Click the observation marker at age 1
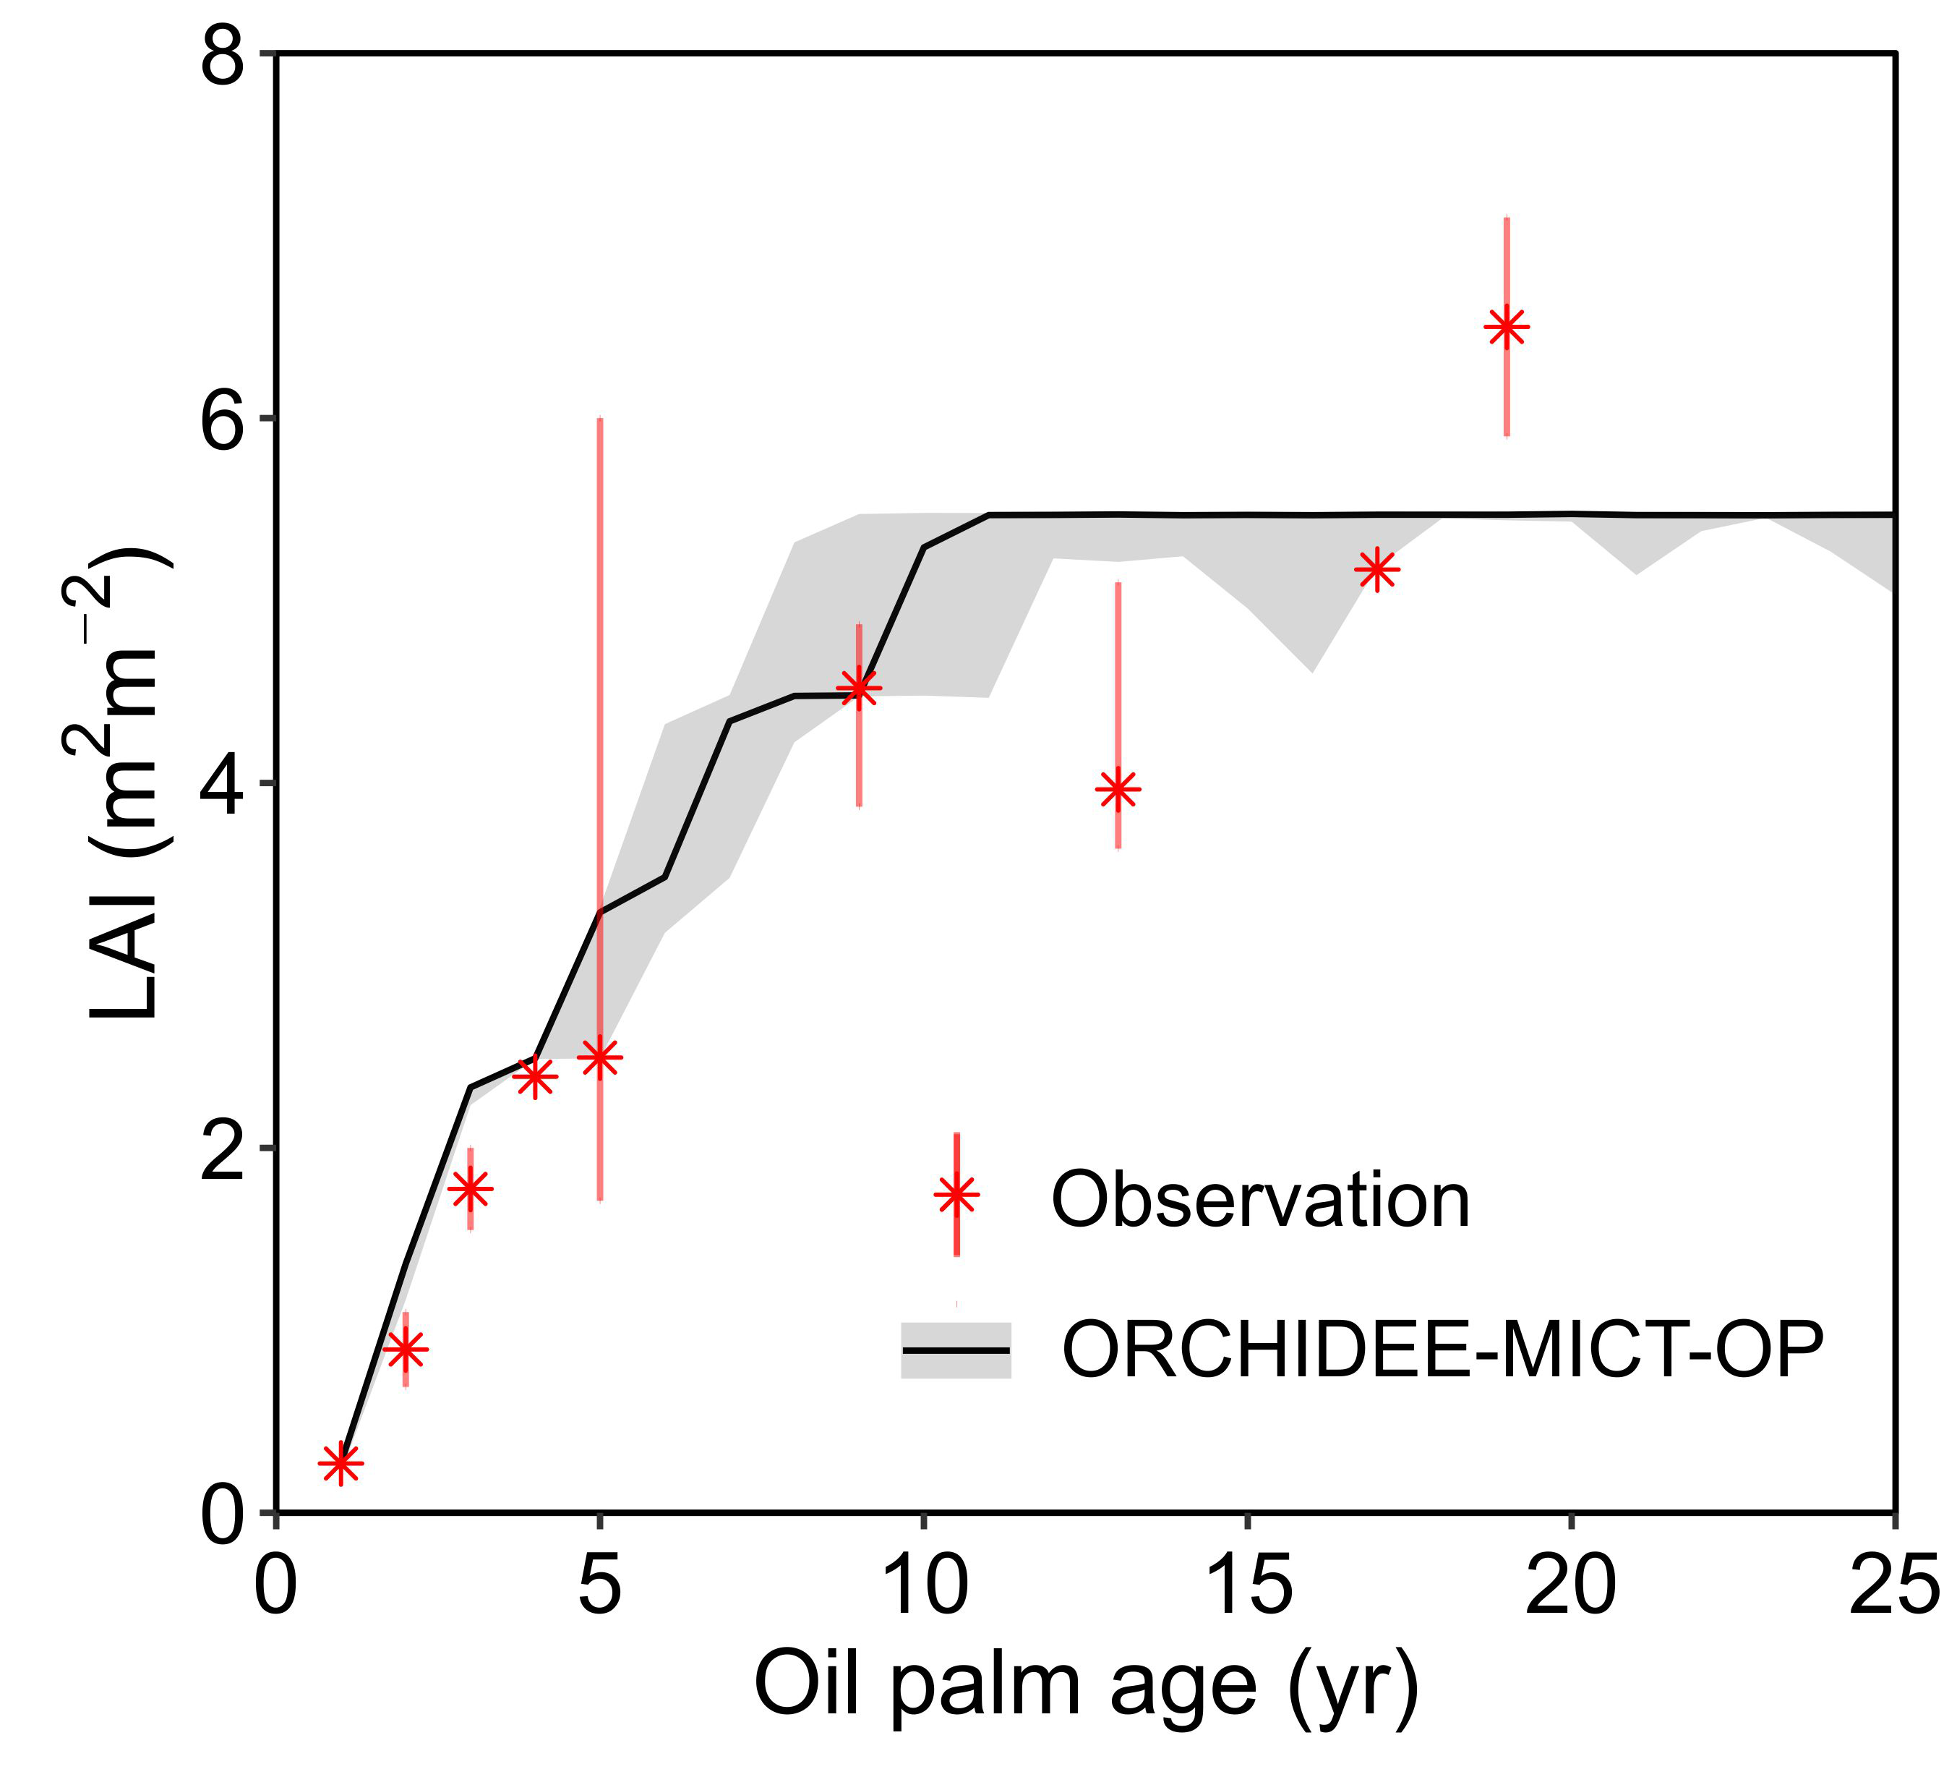[341, 1462]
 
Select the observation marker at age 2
[406, 1349]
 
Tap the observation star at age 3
[471, 1188]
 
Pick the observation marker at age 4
[535, 1076]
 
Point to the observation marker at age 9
[859, 689]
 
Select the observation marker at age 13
[1118, 790]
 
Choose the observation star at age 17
[1377, 569]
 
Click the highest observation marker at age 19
[1507, 328]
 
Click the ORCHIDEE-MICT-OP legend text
[1444, 1350]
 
